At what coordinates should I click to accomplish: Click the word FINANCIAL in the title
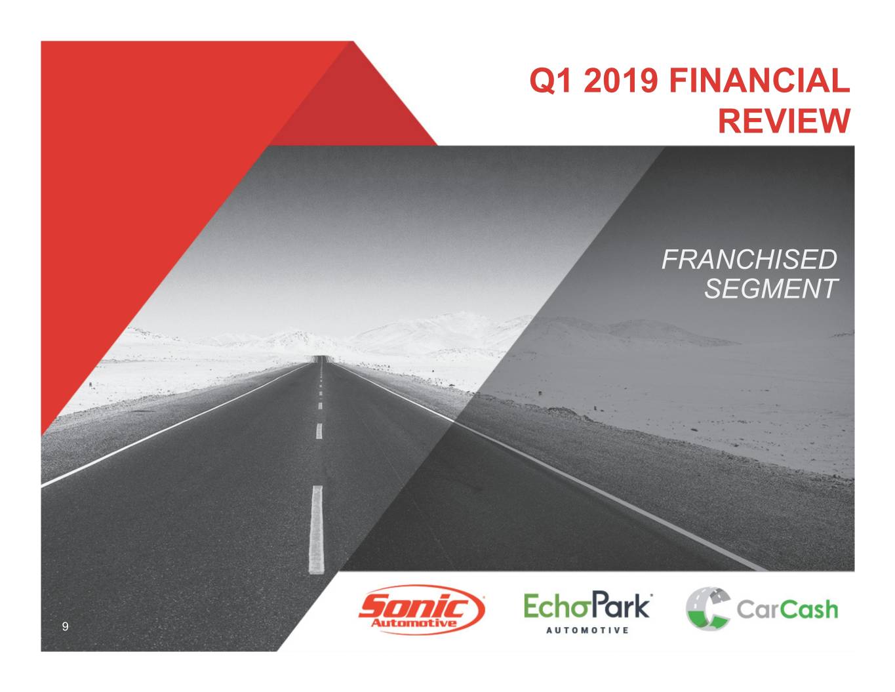759,81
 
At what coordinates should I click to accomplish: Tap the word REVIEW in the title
784,121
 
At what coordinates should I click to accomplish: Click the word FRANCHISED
749,260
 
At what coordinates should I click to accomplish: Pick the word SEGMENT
771,289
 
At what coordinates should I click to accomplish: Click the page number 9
65,626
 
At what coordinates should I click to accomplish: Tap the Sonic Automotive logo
422,611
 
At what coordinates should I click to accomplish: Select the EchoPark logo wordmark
587,605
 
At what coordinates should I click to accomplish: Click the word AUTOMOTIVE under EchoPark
587,630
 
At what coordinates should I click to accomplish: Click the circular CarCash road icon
708,609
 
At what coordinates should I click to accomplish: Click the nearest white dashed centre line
316,530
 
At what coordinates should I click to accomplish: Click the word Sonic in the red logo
414,605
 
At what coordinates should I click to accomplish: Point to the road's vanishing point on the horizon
322,357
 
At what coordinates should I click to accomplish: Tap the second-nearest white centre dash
319,431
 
